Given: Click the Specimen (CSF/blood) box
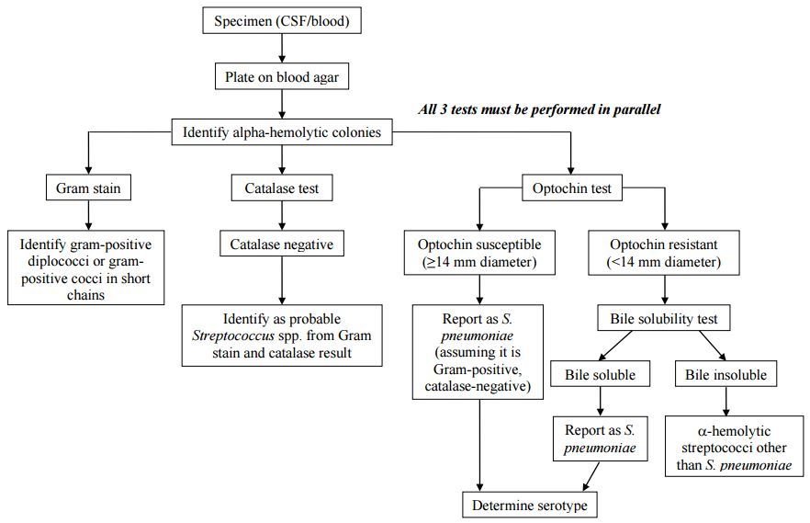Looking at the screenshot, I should pyautogui.click(x=281, y=21).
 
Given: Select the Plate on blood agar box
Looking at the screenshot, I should pyautogui.click(x=281, y=77).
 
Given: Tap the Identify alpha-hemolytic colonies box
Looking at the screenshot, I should pyautogui.click(x=281, y=133).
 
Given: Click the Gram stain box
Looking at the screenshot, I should pyautogui.click(x=88, y=189).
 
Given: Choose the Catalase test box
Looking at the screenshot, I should pyautogui.click(x=281, y=189).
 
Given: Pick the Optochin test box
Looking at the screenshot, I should pyautogui.click(x=571, y=189).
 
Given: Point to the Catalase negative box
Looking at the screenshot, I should pyautogui.click(x=281, y=244).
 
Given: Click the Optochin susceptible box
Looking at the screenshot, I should pyautogui.click(x=478, y=254).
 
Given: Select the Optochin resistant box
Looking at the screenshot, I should pyautogui.click(x=664, y=254).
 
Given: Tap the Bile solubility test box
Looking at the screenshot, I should pyautogui.click(x=664, y=319).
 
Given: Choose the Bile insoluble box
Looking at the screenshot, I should pyautogui.click(x=726, y=375).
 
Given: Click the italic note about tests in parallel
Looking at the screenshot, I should pyautogui.click(x=539, y=109).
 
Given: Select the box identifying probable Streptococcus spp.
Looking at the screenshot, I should pyautogui.click(x=281, y=335).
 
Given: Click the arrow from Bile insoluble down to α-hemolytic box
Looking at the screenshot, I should pyautogui.click(x=726, y=402).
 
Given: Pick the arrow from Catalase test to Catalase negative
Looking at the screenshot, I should pyautogui.click(x=281, y=217).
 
